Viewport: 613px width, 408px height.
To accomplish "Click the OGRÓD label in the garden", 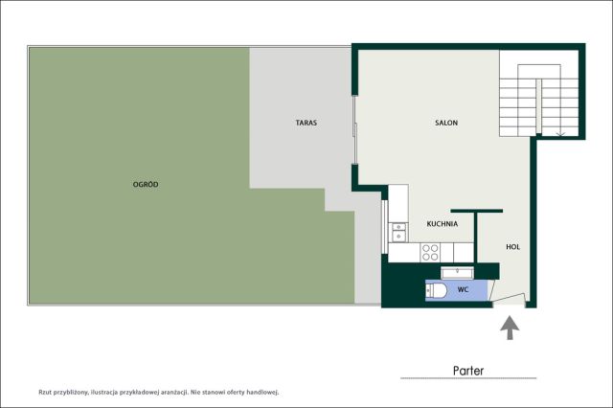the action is point(146,185).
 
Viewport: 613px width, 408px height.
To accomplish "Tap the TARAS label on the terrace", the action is point(306,123).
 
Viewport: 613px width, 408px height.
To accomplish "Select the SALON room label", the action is point(446,123).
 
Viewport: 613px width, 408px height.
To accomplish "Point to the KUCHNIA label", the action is point(443,224).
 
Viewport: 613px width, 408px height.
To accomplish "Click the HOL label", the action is point(513,247).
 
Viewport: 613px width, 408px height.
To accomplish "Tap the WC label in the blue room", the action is point(463,289).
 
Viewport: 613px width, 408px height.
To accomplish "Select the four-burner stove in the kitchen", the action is point(430,253).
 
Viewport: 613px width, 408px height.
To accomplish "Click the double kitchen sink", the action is point(398,232).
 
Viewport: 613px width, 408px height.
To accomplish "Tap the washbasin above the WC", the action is point(457,272).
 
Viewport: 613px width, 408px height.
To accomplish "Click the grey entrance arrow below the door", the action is point(510,328).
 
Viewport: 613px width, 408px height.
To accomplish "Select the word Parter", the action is point(468,371).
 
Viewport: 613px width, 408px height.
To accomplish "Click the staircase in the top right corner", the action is point(538,101).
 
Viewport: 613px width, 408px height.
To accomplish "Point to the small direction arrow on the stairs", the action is point(560,134).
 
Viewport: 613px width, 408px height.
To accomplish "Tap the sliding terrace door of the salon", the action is point(355,129).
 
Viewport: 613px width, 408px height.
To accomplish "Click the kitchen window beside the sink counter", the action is point(384,227).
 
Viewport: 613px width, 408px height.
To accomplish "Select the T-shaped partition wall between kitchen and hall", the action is point(476,236).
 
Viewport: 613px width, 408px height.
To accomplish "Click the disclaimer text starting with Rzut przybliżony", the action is point(158,392).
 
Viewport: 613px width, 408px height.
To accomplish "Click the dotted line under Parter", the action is point(468,378).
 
